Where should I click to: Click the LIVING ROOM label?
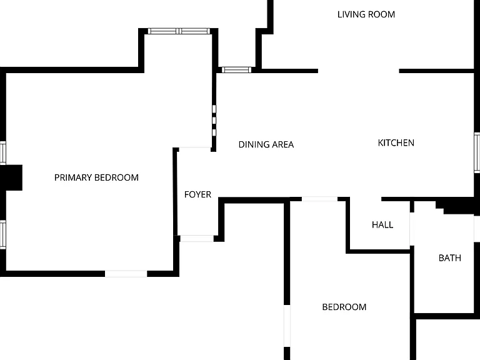tap(366, 14)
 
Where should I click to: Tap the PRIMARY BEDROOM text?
tap(96, 177)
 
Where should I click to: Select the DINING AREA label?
tap(266, 144)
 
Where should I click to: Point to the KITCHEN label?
tap(396, 142)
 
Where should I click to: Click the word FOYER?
tap(197, 194)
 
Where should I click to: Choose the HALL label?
tap(382, 225)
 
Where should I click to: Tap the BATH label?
tap(450, 258)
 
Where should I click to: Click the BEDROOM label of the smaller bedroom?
tap(344, 307)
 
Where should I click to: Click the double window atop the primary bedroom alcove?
tap(179, 31)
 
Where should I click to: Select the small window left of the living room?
tap(236, 70)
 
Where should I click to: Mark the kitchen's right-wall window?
tap(477, 152)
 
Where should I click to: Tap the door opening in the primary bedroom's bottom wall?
tap(126, 274)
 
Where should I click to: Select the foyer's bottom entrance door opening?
tap(197, 239)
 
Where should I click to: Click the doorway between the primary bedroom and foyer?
tap(195, 149)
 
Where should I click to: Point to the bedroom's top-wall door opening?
tap(319, 199)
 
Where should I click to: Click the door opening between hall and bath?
tap(412, 229)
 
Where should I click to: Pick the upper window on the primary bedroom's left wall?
tap(2, 152)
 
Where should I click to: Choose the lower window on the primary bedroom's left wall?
tap(2, 234)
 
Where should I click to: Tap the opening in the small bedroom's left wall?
tap(287, 326)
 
